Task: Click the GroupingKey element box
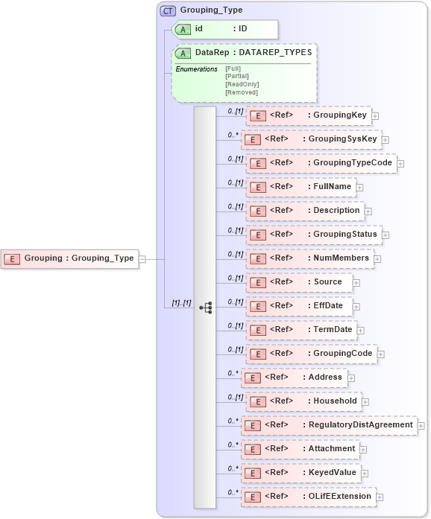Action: [309, 115]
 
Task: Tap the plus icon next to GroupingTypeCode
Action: [400, 163]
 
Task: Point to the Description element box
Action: [306, 211]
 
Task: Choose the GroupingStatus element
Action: [314, 235]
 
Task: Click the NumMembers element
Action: [309, 258]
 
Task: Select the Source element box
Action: [298, 282]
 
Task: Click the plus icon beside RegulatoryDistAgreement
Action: [421, 425]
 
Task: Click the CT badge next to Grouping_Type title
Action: [169, 10]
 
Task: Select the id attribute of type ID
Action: [224, 29]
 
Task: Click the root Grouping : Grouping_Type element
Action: [70, 259]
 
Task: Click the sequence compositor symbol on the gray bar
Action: [206, 307]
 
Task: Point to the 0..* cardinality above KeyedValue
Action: [233, 468]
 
